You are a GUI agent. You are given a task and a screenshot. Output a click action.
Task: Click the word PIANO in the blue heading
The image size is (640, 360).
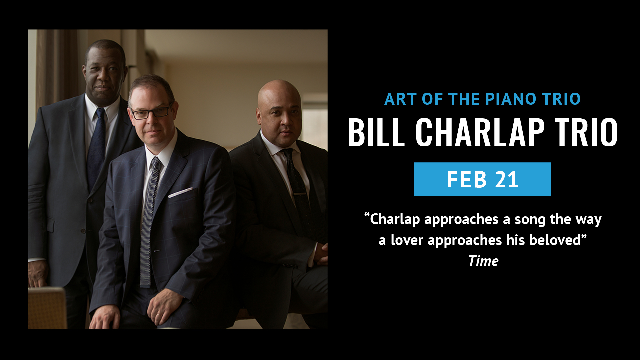click(x=510, y=99)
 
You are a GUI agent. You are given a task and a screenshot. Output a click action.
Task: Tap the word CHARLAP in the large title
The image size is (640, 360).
click(x=480, y=132)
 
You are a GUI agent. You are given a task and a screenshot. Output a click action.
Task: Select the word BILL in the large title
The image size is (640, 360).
click(x=376, y=132)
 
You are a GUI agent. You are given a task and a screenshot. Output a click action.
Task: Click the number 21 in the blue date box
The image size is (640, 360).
click(x=507, y=179)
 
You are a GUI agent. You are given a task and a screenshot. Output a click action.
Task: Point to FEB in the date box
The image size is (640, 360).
click(x=467, y=179)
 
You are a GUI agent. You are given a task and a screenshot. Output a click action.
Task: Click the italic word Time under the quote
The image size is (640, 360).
click(x=483, y=261)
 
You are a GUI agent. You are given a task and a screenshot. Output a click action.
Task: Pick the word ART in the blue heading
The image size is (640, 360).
click(x=400, y=99)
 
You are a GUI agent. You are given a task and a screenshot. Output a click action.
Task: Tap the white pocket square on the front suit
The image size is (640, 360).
click(x=180, y=192)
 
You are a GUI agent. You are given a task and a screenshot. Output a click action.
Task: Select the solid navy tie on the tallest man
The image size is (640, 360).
click(x=96, y=147)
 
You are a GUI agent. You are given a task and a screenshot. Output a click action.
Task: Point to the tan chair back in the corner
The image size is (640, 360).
click(x=47, y=308)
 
